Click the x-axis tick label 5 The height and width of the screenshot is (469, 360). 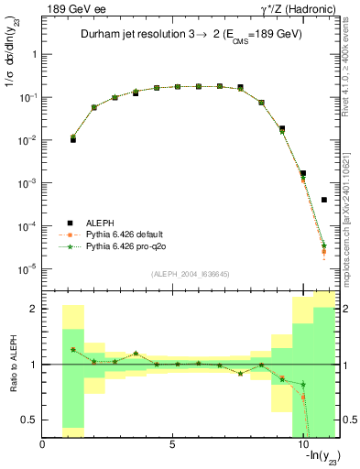172,446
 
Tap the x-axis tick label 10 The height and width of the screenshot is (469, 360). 302,446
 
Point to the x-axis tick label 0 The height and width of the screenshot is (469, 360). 42,446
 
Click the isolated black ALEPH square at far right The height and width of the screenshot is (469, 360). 324,200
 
